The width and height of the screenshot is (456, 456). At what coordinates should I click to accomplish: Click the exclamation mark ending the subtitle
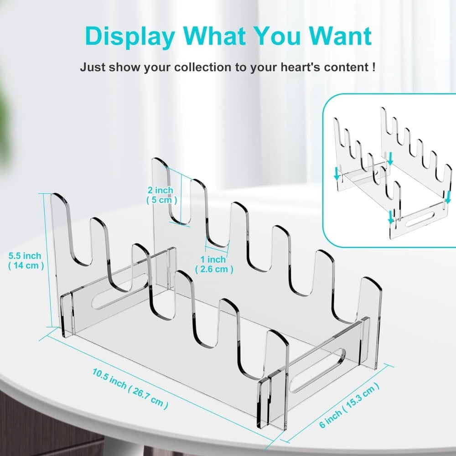tap(374, 67)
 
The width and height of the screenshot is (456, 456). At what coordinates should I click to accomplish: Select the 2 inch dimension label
tap(161, 194)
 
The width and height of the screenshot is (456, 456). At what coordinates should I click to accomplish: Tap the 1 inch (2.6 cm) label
tap(214, 264)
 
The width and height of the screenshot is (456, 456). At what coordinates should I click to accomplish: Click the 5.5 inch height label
tap(25, 260)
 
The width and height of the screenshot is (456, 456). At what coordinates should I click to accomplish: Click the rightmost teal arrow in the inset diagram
tap(448, 197)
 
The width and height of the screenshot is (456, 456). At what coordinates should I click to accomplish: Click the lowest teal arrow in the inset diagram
tap(391, 218)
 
